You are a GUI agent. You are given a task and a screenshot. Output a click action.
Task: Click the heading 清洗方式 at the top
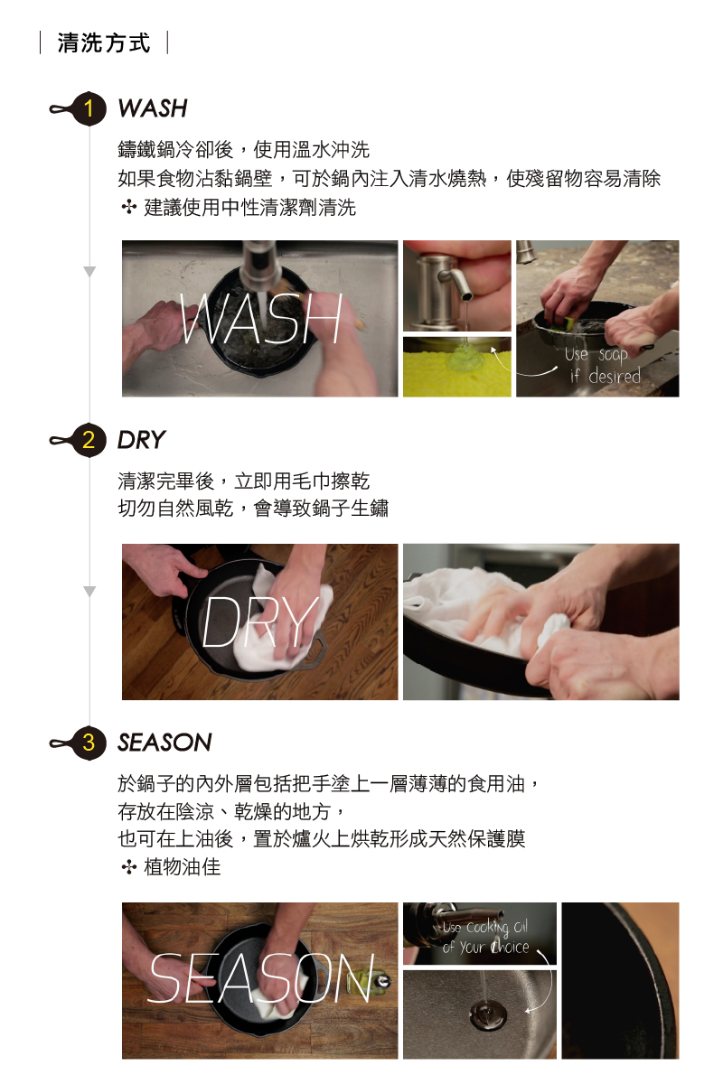tap(104, 42)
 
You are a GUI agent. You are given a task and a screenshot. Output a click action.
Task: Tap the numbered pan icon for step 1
tap(79, 108)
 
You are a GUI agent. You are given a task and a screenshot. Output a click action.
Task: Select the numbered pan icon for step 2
tap(79, 441)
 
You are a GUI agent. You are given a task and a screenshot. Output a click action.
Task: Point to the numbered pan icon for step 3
tap(79, 743)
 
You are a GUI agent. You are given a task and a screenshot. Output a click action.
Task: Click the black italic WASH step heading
tap(153, 108)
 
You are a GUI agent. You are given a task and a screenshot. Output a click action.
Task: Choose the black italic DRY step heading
tap(141, 440)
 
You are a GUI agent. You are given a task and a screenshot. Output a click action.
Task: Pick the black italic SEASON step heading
tap(164, 743)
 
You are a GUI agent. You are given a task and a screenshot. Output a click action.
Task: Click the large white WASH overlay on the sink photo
tap(261, 318)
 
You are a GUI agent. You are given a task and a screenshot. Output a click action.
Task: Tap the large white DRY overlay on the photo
tap(260, 621)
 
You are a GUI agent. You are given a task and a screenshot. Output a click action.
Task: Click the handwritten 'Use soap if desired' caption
tap(603, 365)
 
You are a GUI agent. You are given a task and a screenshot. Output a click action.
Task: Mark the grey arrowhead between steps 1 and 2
tap(89, 272)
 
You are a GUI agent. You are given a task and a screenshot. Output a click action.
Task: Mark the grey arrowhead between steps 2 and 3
tap(89, 592)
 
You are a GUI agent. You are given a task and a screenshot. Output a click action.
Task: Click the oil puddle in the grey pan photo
tap(488, 1013)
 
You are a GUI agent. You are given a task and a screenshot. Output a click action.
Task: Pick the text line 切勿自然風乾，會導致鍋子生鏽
tap(253, 509)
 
